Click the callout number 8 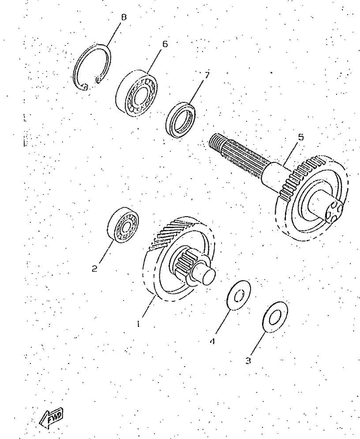click(124, 17)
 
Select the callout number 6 click(165, 44)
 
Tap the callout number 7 click(206, 75)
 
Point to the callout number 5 click(300, 137)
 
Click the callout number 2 click(94, 269)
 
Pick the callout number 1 click(138, 324)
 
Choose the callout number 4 click(213, 341)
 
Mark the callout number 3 click(248, 360)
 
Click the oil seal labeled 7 click(180, 120)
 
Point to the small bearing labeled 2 click(124, 224)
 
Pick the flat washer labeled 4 click(239, 295)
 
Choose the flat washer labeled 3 click(275, 317)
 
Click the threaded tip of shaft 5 click(216, 141)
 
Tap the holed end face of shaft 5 click(334, 212)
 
